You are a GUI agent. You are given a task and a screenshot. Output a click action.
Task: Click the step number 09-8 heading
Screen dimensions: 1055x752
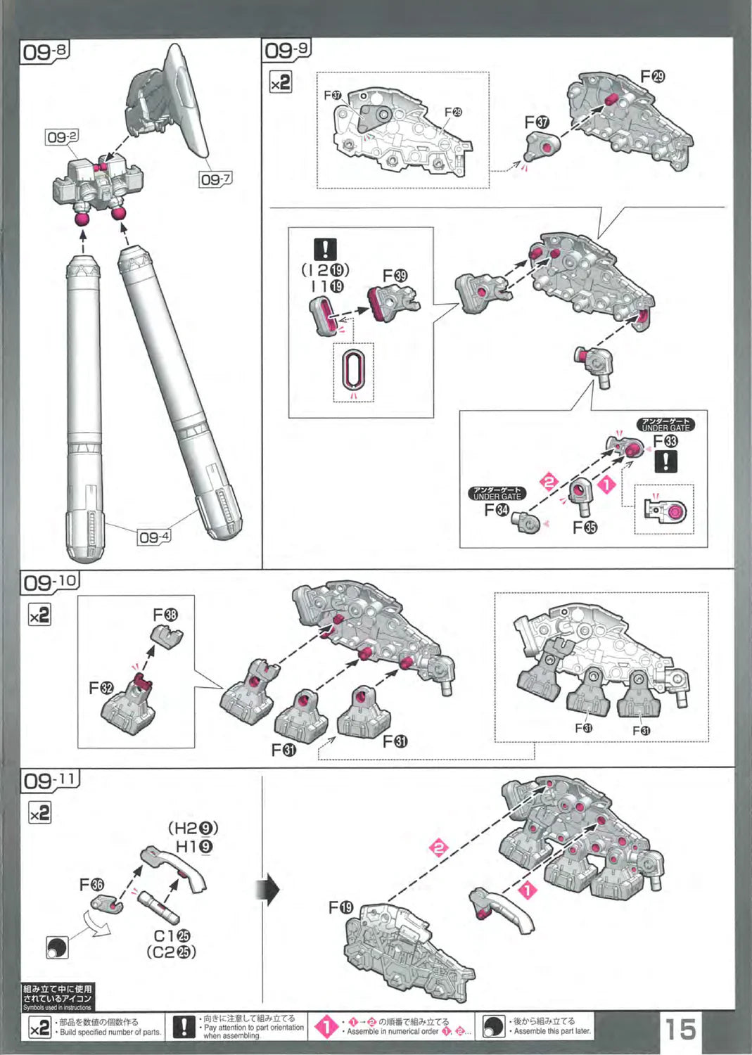pyautogui.click(x=45, y=52)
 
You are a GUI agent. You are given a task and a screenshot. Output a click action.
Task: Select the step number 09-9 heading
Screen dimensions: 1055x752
pyautogui.click(x=286, y=50)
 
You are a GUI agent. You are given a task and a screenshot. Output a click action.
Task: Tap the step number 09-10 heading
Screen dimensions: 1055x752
pyautogui.click(x=50, y=582)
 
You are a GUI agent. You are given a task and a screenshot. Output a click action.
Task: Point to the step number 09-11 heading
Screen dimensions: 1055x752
pyautogui.click(x=50, y=781)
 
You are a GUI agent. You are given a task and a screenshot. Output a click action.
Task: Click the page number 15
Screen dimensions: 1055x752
pyautogui.click(x=680, y=1029)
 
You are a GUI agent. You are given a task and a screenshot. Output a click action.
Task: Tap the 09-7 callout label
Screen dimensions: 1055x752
pyautogui.click(x=215, y=179)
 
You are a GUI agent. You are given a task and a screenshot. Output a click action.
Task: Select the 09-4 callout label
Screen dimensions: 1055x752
pyautogui.click(x=154, y=537)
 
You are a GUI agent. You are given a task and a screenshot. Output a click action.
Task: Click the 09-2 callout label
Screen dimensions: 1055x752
pyautogui.click(x=62, y=137)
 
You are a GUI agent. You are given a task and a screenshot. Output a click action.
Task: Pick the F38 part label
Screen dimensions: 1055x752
pyautogui.click(x=165, y=615)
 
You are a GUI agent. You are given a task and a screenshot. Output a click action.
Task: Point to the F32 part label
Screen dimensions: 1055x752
pyautogui.click(x=101, y=687)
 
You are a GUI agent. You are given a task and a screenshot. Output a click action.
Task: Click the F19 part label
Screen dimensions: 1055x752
pyautogui.click(x=341, y=907)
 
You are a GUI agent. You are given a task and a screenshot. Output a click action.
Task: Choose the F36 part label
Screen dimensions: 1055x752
pyautogui.click(x=91, y=884)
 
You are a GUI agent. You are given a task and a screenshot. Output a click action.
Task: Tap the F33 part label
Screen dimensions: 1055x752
pyautogui.click(x=665, y=441)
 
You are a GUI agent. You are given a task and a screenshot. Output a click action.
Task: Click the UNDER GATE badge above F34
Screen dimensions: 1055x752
pyautogui.click(x=497, y=493)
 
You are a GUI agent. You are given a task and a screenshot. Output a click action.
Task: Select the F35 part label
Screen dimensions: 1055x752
pyautogui.click(x=585, y=527)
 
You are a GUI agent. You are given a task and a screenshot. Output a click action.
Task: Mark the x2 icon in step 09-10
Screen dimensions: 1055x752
pyautogui.click(x=39, y=615)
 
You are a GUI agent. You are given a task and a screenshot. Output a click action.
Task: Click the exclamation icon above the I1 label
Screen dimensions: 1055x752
pyautogui.click(x=325, y=249)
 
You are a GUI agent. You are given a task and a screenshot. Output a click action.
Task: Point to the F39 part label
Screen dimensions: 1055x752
pyautogui.click(x=395, y=276)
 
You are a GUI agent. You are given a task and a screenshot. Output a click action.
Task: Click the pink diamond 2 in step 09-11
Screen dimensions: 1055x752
pyautogui.click(x=439, y=848)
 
